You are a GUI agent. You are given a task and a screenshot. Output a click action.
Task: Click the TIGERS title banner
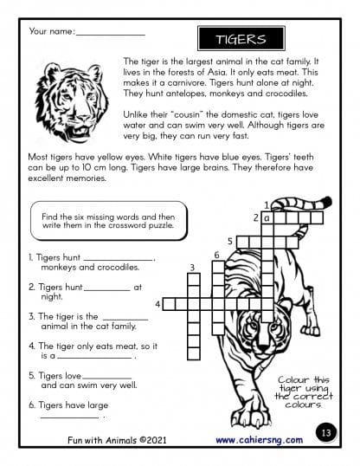241,39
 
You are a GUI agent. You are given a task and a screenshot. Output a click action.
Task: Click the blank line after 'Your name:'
111,35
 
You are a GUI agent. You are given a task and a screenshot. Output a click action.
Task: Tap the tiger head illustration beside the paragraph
72,101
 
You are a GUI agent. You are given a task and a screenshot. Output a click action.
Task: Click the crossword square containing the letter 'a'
267,218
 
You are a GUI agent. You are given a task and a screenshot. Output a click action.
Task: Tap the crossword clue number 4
157,304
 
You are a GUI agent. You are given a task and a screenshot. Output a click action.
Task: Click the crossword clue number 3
192,268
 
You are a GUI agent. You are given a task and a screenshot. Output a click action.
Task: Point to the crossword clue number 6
217,255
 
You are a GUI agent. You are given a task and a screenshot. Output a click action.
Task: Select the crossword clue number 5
230,241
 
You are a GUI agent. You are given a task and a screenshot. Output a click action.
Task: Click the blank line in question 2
107,290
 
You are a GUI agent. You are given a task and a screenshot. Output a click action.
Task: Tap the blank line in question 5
106,379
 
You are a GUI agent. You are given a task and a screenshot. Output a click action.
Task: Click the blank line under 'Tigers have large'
69,417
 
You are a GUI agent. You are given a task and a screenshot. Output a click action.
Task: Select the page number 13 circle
326,432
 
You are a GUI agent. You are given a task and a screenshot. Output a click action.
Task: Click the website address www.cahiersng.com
260,440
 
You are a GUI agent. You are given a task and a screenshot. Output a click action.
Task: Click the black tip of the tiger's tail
327,202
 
